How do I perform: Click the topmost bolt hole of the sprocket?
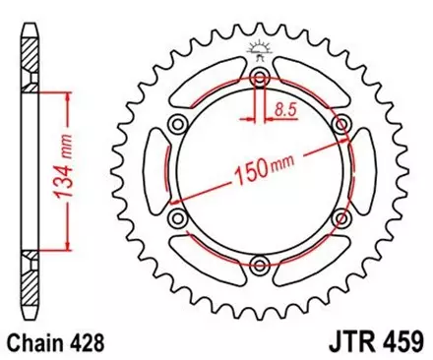pos(260,79)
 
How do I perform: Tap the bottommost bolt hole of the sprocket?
pos(260,263)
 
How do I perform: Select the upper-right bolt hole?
pos(340,124)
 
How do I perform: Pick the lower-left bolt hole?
pos(178,217)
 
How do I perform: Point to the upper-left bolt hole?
pos(178,124)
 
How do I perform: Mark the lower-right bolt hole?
pos(340,217)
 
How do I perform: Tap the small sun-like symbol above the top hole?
pos(260,47)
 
